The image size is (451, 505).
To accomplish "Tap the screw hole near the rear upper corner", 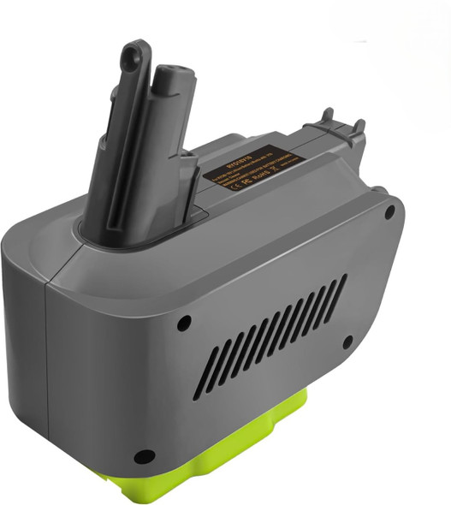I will (389, 211).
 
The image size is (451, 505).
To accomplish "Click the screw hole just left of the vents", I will (183, 324).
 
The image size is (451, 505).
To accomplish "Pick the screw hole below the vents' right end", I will (347, 342).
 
